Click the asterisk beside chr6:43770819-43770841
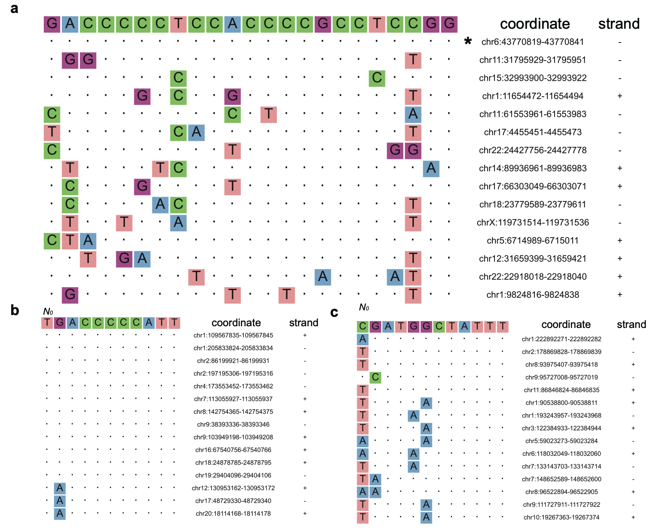(468, 41)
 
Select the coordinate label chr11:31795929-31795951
(533, 60)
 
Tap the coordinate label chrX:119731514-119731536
(533, 222)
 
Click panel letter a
(15, 8)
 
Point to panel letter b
(15, 310)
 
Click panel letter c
(334, 313)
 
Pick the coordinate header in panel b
(236, 323)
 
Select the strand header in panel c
(631, 325)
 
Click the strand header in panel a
(619, 24)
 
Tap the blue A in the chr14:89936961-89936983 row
(431, 168)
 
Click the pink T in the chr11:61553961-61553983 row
(268, 114)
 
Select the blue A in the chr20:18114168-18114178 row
(60, 513)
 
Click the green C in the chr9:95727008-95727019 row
(376, 377)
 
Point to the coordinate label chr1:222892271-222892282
(561, 339)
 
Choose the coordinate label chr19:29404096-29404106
(233, 475)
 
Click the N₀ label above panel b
(48, 312)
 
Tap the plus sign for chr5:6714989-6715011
(619, 240)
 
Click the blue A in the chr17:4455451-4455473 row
(196, 132)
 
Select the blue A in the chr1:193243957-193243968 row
(413, 416)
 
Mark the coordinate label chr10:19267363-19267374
(561, 517)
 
